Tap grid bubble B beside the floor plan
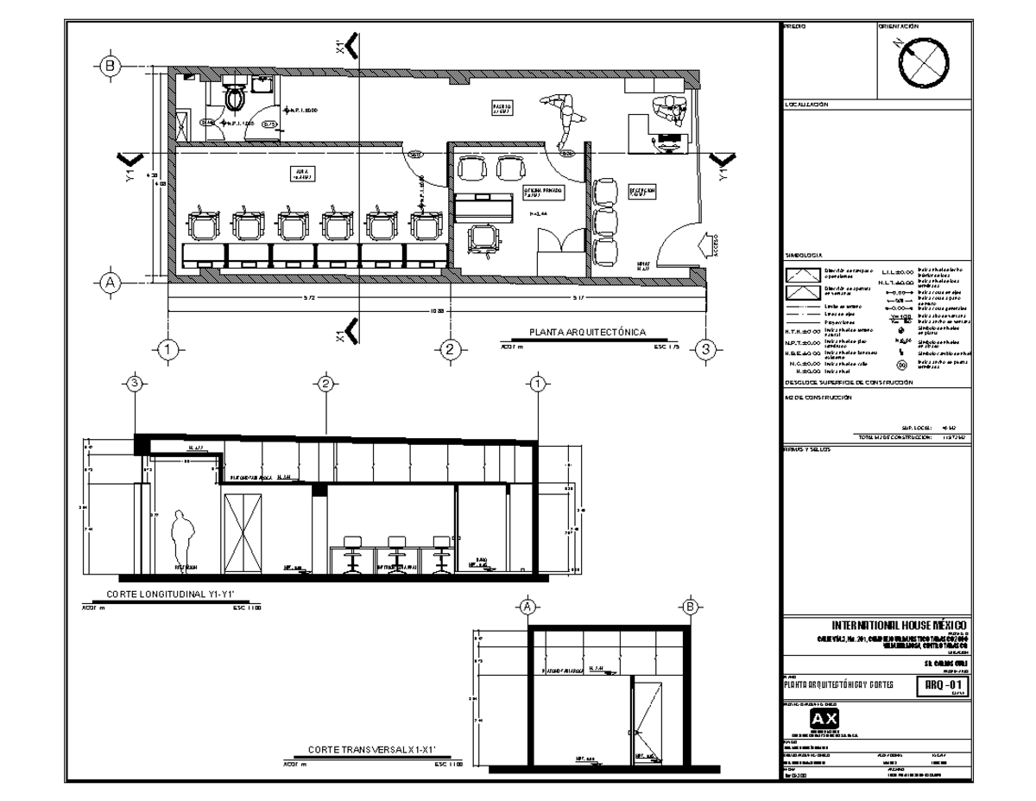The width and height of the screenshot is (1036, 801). [x=110, y=66]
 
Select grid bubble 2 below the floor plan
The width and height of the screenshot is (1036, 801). [x=449, y=349]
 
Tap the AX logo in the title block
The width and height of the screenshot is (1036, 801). [x=823, y=721]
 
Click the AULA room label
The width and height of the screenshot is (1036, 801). [x=299, y=174]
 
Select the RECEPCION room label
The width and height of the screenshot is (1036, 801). [x=641, y=191]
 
